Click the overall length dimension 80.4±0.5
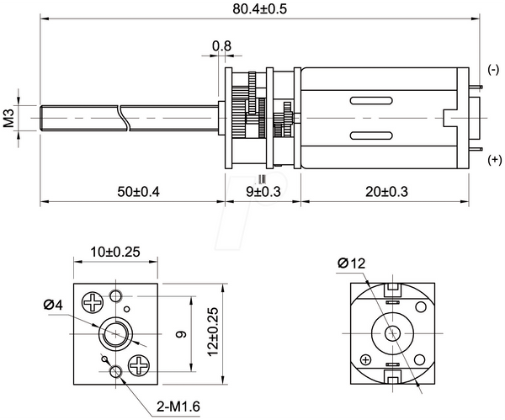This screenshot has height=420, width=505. [x=259, y=9]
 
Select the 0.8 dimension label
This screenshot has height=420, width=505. [x=221, y=46]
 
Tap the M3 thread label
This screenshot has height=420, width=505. [x=9, y=118]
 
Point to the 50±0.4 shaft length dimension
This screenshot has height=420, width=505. [x=138, y=192]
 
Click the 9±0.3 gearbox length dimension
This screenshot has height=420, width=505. [x=263, y=192]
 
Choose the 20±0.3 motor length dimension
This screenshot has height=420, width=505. [x=386, y=192]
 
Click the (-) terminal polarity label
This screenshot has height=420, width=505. [x=493, y=70]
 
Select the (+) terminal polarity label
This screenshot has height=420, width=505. [x=495, y=159]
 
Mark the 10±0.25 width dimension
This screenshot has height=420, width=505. [x=115, y=252]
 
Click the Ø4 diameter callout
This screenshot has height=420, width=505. [x=54, y=305]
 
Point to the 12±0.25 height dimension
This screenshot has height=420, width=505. [x=213, y=332]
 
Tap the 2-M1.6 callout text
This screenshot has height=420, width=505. [x=178, y=407]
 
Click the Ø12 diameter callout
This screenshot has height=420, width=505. [x=352, y=263]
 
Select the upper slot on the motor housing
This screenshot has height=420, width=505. [x=371, y=101]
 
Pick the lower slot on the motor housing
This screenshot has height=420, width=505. [x=371, y=136]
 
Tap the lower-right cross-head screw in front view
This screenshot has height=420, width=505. [x=139, y=365]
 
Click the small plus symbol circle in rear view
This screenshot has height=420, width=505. [x=365, y=359]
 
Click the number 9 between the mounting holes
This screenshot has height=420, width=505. [x=182, y=334]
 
